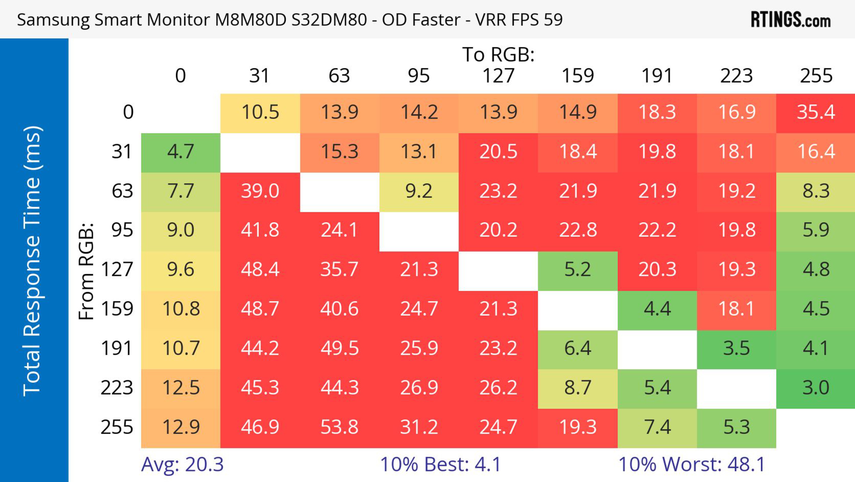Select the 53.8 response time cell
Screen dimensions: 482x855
pos(339,427)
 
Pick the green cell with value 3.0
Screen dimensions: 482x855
pos(816,388)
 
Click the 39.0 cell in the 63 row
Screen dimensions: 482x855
pos(260,191)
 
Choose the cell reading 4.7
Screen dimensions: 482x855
pos(181,152)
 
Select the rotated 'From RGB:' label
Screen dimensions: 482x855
pos(86,271)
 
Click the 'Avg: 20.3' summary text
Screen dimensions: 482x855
pos(182,464)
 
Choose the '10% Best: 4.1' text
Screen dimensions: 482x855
pos(440,464)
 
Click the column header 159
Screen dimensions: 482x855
pos(578,76)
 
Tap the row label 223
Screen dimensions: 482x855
pos(117,388)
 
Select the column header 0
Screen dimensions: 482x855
pos(181,76)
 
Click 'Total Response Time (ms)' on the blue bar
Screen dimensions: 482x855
pos(33,261)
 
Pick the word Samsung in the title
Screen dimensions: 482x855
pos(53,20)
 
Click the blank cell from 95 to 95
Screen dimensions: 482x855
pos(419,231)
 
